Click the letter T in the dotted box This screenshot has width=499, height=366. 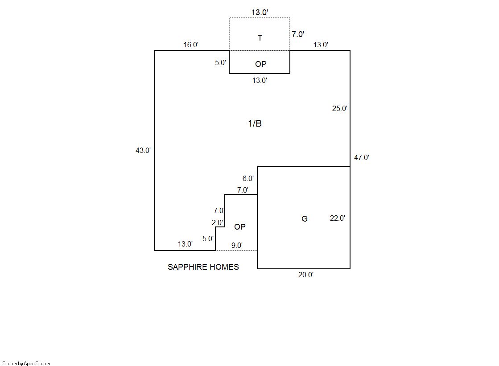(260, 38)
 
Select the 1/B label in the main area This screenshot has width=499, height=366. (255, 123)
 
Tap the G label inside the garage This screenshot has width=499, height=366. (305, 218)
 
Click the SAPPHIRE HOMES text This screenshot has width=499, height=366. (203, 267)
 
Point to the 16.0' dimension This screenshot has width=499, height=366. (191, 45)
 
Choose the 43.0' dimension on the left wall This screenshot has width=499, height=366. (143, 150)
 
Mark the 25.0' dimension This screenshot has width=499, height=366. (339, 108)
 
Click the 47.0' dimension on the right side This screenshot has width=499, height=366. (362, 157)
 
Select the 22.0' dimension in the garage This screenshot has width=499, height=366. (337, 218)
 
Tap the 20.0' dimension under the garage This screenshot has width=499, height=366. (306, 275)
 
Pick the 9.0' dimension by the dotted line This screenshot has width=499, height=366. (237, 245)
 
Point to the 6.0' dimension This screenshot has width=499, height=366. (248, 178)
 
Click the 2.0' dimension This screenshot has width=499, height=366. (217, 222)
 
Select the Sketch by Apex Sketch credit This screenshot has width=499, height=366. (26, 363)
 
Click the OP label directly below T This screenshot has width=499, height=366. (261, 64)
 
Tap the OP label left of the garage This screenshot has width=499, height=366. (239, 227)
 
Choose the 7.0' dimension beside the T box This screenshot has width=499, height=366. (298, 34)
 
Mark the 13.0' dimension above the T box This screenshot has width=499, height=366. (260, 12)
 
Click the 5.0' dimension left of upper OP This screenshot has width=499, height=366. (220, 62)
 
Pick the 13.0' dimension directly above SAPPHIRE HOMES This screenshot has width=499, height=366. (185, 244)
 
